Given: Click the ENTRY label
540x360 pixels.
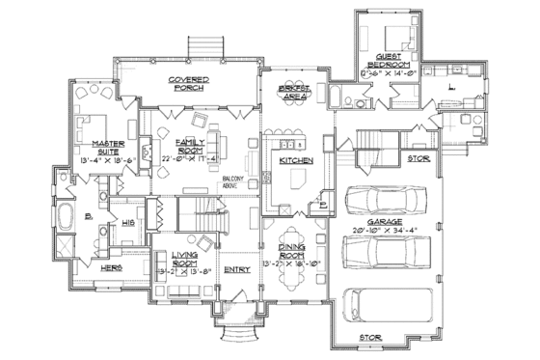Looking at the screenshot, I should pos(237,270).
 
